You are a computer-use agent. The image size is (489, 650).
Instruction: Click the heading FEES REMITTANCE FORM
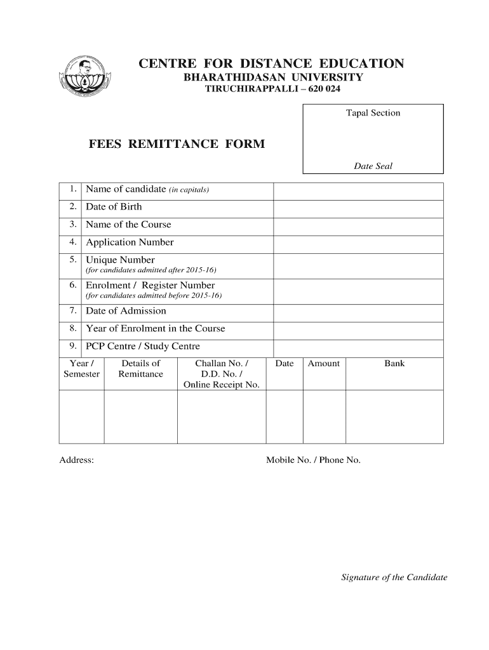click(176, 144)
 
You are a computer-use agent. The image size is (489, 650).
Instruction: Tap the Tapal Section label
click(373, 113)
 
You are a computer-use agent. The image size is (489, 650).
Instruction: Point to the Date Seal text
click(373, 166)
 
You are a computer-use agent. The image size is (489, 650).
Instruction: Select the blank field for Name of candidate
click(358, 191)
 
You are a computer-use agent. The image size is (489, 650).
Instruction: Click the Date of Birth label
click(114, 207)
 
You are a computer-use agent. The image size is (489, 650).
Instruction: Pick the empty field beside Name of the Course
click(358, 227)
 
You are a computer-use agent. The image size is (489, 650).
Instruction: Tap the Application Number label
click(130, 242)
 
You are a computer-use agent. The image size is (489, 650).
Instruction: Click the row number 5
click(73, 260)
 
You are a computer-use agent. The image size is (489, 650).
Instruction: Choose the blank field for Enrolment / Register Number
click(358, 291)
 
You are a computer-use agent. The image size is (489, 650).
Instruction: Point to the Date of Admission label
click(126, 311)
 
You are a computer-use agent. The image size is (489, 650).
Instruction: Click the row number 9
click(73, 346)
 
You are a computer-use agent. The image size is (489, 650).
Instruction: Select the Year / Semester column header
click(81, 369)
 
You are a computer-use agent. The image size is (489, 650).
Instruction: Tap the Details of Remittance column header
click(140, 369)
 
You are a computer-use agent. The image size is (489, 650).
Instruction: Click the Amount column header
click(324, 364)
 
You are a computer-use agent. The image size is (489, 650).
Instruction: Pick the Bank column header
click(394, 364)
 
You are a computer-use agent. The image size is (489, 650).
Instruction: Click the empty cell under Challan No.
click(221, 416)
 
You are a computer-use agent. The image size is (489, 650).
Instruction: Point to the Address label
click(77, 460)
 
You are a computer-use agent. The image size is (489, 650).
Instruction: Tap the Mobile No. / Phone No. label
click(313, 460)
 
